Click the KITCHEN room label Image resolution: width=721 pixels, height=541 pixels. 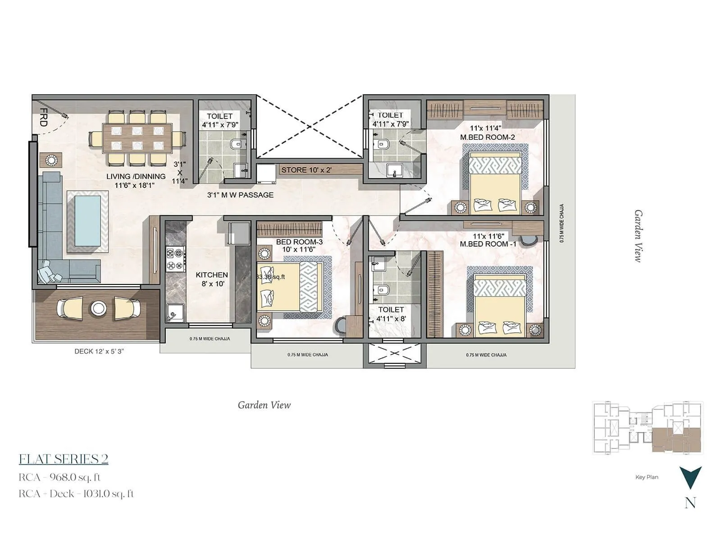212,275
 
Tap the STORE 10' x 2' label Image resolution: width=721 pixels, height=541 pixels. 306,170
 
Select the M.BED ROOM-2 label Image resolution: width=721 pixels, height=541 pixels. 487,137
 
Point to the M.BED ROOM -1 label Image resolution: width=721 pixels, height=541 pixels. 488,244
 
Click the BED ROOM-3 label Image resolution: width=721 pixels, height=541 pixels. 299,242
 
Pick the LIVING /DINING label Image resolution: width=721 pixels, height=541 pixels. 136,176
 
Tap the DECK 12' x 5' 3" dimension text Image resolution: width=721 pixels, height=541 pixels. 99,351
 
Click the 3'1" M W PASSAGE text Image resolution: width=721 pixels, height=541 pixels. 240,195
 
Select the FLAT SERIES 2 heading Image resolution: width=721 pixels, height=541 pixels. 64,459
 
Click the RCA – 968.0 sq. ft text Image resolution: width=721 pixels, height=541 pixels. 59,477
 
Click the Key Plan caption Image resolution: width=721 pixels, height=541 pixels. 647,477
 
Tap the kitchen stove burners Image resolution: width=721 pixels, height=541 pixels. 176,259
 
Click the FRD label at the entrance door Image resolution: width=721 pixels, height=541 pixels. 44,117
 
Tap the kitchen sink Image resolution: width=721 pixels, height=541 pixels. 175,312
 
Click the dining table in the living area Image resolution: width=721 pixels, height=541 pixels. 137,138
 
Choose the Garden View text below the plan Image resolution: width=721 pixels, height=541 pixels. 264,405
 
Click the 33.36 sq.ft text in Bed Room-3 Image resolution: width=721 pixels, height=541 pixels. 271,277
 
